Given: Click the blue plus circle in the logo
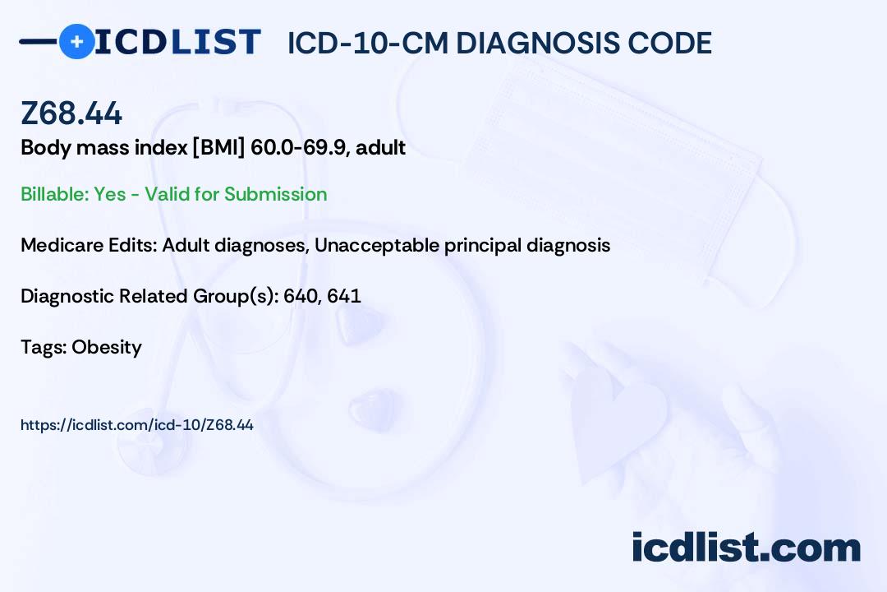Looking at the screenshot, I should click(x=76, y=41).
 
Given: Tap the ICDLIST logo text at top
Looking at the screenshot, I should click(x=177, y=42).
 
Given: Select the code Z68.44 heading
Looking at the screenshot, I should click(x=71, y=113).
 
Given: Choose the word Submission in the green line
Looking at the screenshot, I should click(x=276, y=194).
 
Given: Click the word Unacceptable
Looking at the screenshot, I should click(x=375, y=245).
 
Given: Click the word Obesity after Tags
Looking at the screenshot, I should click(x=107, y=347).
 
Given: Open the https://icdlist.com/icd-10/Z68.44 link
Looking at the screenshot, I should click(x=136, y=425).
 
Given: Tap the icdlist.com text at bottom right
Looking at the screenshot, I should click(x=746, y=548).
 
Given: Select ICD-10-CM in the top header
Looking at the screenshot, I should click(x=367, y=43).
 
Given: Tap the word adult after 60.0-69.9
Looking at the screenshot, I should click(x=381, y=148).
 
